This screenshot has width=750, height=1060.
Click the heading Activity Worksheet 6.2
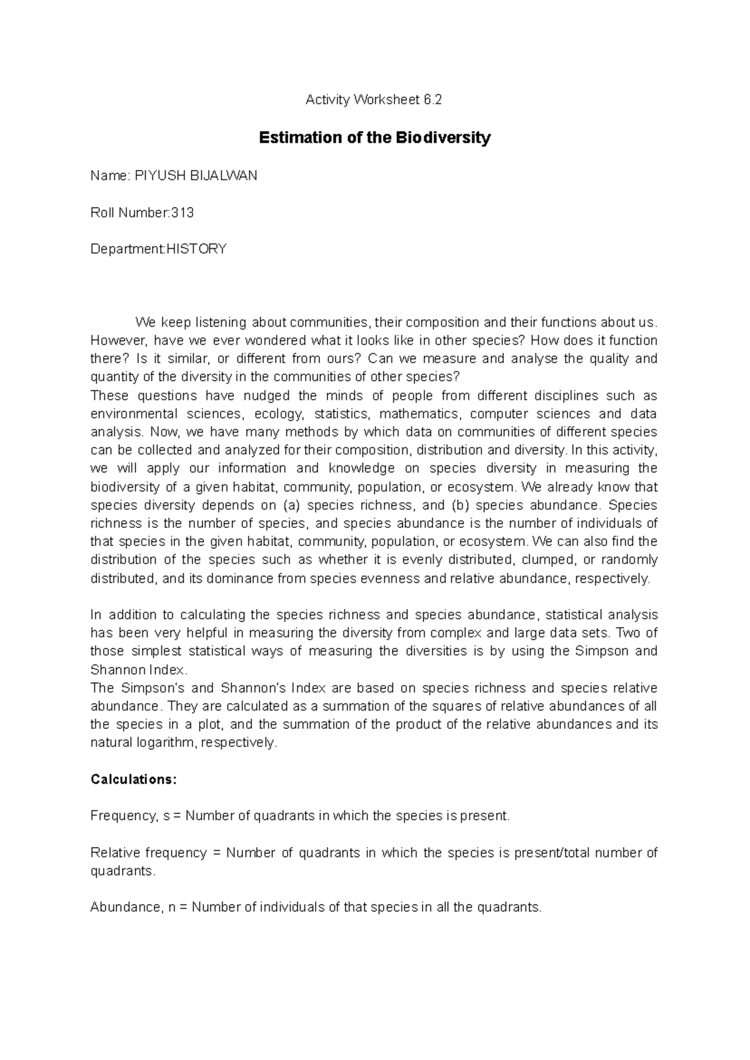tap(373, 100)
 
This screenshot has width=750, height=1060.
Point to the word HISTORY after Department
tap(196, 249)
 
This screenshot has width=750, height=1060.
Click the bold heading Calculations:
tap(134, 780)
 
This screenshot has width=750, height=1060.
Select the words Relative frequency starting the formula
tap(148, 853)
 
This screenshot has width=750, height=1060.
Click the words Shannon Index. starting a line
tap(139, 670)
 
